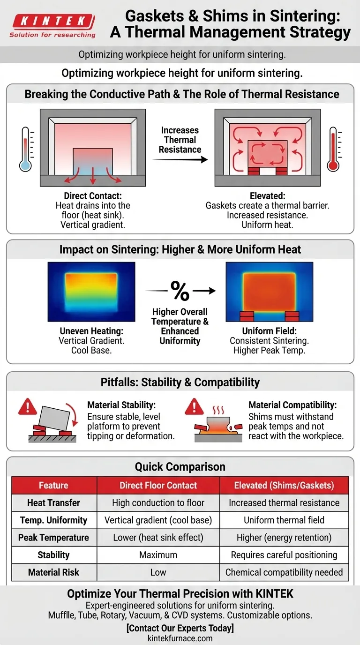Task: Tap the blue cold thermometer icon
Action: (25, 149)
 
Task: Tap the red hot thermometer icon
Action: (333, 149)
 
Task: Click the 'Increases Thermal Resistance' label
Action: (180, 140)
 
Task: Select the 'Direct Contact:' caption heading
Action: (92, 196)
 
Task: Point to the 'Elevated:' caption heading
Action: (268, 196)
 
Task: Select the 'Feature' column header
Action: (53, 485)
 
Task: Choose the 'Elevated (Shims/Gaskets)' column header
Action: (284, 485)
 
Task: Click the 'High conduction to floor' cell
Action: (158, 503)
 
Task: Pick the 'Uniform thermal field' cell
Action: (284, 520)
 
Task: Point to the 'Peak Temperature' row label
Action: (53, 538)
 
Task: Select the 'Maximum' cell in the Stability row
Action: (158, 555)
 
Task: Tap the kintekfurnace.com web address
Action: (180, 638)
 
